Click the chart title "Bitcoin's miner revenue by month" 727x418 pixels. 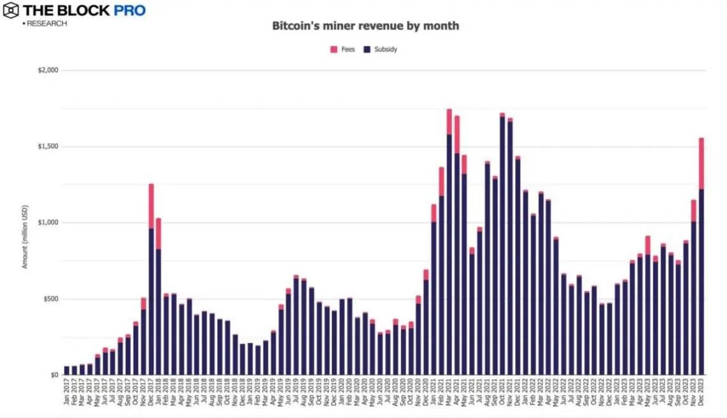(x=365, y=26)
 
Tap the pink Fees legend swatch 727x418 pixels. (x=334, y=49)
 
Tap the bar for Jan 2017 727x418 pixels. (x=67, y=370)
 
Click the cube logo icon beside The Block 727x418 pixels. (x=10, y=11)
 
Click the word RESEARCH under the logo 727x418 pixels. (x=46, y=24)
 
